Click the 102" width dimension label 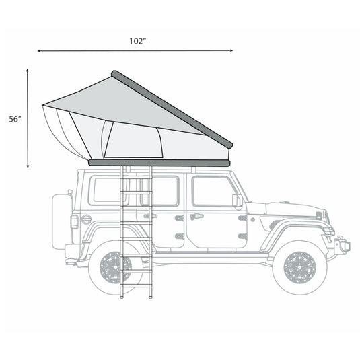point(138,41)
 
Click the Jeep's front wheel point(299,266)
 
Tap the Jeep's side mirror point(237,201)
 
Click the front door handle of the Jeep point(196,217)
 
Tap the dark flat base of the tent point(159,162)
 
